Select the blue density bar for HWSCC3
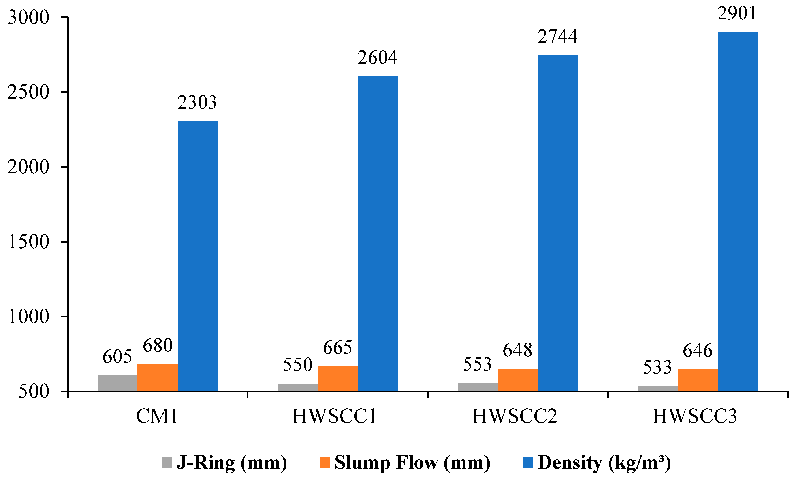pos(738,211)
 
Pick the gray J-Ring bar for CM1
pos(117,383)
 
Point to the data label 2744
pos(557,36)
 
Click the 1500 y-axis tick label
pos(28,242)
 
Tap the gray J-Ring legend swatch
pos(167,463)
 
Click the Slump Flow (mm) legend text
pos(412,463)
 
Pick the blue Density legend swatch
pos(528,463)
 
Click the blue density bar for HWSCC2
pos(557,223)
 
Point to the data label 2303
pos(197,102)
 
